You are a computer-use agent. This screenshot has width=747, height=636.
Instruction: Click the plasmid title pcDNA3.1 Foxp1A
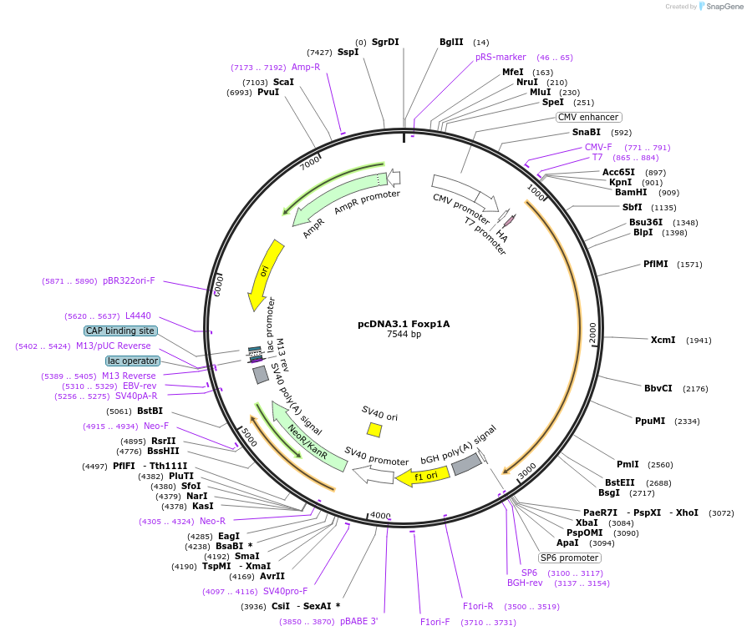click(x=404, y=324)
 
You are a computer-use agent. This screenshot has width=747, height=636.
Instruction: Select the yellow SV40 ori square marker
click(x=374, y=430)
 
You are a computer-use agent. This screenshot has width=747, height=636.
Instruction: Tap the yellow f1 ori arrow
click(x=423, y=477)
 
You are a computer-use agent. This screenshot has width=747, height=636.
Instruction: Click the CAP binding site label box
click(x=120, y=331)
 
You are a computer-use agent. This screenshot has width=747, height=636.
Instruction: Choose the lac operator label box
click(x=132, y=361)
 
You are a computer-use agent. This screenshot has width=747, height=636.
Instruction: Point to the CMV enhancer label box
click(x=588, y=117)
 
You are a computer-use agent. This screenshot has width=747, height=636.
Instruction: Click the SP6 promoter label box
click(x=569, y=558)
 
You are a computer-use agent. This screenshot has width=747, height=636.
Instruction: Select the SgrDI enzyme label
click(x=385, y=42)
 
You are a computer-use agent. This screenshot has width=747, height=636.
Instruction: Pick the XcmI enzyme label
click(x=663, y=340)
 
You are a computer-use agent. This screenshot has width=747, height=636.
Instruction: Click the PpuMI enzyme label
click(x=650, y=421)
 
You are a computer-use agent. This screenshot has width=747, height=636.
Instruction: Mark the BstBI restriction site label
click(x=150, y=411)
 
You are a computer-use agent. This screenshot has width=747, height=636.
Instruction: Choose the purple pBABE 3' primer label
click(x=358, y=622)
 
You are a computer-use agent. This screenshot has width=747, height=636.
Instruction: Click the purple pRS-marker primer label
click(x=501, y=57)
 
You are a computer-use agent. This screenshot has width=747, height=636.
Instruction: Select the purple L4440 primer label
click(x=138, y=315)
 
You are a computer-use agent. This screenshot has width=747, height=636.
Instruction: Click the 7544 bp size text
click(x=404, y=334)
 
